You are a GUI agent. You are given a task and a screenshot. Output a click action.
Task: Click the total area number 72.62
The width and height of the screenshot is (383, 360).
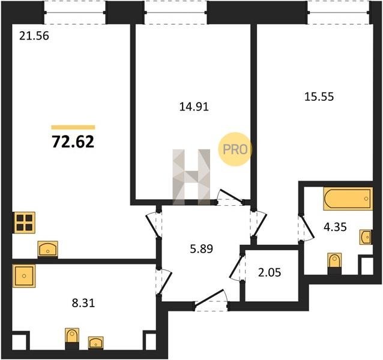[x=73, y=142]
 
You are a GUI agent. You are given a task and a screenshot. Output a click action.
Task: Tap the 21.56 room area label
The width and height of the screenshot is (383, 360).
[x=34, y=36]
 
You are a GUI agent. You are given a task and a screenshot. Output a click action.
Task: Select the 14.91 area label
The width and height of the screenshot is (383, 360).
[x=194, y=107]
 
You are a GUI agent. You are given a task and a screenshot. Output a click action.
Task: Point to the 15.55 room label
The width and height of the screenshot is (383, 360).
[x=319, y=97]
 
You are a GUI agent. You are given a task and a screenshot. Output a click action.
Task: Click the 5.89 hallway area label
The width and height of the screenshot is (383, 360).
[x=202, y=249]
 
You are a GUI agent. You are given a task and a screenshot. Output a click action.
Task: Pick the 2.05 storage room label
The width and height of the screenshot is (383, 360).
[x=270, y=272]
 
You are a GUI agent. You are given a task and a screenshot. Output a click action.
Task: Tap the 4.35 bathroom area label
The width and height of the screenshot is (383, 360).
[x=335, y=227]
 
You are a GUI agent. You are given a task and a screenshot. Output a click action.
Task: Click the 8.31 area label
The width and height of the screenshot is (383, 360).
[x=83, y=303]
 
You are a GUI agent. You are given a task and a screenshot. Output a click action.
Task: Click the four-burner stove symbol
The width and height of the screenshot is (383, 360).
[x=25, y=223]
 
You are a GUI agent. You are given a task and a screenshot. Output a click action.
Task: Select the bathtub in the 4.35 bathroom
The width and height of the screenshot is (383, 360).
[x=348, y=199]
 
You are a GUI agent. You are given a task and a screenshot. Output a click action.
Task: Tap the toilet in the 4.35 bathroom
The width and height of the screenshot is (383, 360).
[x=334, y=263]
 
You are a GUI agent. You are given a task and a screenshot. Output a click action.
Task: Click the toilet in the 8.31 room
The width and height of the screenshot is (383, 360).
[x=72, y=339]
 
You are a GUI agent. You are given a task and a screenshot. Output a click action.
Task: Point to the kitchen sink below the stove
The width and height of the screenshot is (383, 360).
[x=48, y=249]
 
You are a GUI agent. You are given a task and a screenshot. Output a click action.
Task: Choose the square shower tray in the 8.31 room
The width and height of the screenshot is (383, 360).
[x=24, y=276]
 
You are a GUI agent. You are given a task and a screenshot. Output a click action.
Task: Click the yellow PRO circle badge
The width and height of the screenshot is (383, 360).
[x=235, y=149]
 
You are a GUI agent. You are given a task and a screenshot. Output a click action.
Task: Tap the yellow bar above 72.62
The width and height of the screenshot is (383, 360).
[x=73, y=127]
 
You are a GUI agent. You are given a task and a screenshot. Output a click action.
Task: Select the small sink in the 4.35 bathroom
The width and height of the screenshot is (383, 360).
[x=366, y=237]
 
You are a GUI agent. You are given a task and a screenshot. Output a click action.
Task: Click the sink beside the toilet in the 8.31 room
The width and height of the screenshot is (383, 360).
[x=96, y=343]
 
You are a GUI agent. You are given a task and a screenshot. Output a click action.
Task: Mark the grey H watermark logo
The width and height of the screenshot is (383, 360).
[x=191, y=177]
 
